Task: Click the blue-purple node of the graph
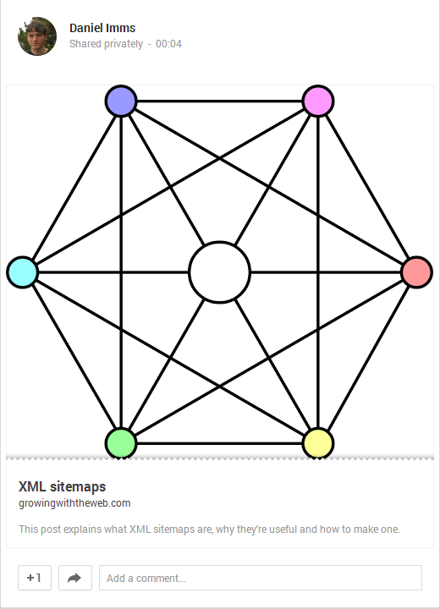[x=121, y=101]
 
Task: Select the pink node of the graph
[x=318, y=101]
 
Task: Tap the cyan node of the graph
[x=22, y=272]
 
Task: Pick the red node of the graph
[x=416, y=272]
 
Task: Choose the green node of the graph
[x=121, y=443]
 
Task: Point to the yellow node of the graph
[x=318, y=443]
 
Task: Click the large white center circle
[x=220, y=272]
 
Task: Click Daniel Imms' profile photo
[x=37, y=36]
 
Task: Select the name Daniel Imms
[x=102, y=28]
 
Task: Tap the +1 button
[x=35, y=578]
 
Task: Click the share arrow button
[x=75, y=578]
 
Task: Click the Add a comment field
[x=261, y=578]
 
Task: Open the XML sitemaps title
[x=62, y=486]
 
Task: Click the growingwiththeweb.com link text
[x=74, y=503]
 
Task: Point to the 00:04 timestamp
[x=168, y=43]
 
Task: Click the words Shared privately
[x=106, y=44]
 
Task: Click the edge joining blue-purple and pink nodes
[x=220, y=101]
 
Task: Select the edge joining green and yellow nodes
[x=220, y=443]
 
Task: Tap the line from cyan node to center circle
[x=113, y=272]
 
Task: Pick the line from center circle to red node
[x=326, y=272]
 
